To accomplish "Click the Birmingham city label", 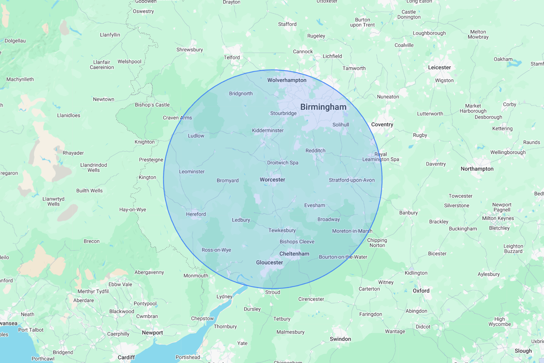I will (x=323, y=107).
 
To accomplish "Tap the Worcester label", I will (x=272, y=180).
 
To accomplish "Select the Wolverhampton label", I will (x=287, y=80).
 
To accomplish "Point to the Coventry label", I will (x=382, y=125).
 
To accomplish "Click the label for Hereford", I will (x=196, y=214).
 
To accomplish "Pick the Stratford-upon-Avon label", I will (x=351, y=180).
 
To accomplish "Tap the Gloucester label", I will (x=269, y=263).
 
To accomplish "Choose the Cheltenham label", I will (x=294, y=254).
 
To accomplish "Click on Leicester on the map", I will (x=439, y=67).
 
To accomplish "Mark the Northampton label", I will (x=477, y=169).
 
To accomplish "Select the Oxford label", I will (x=421, y=291).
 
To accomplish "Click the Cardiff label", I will (x=126, y=357).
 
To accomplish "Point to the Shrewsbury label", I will (x=189, y=50).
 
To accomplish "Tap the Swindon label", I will (x=340, y=339).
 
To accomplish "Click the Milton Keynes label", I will (x=497, y=218).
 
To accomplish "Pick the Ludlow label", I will (x=196, y=136).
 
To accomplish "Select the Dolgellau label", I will (x=15, y=41).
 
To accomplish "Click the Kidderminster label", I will (x=267, y=130).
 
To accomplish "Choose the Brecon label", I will (x=91, y=241).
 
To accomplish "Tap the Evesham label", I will (x=314, y=205).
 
